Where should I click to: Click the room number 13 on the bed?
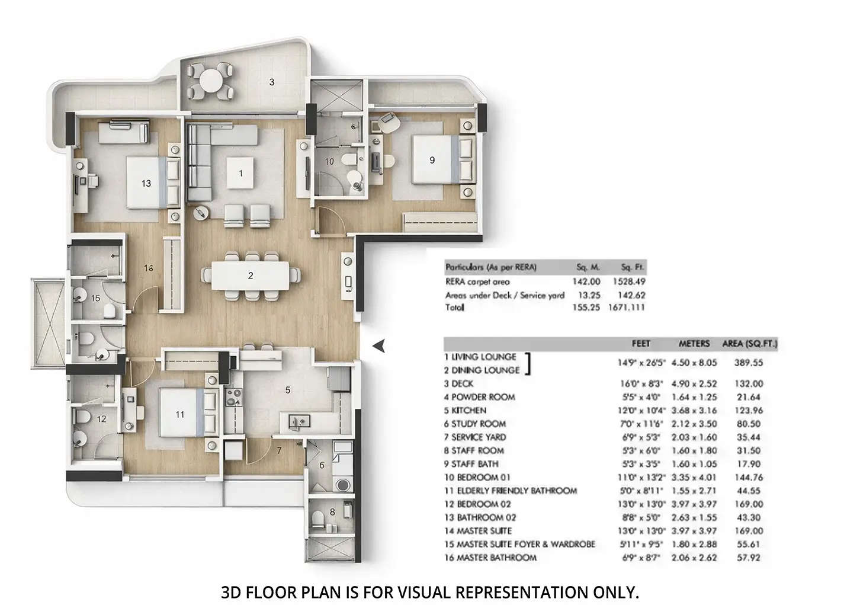146,184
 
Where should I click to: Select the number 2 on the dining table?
251,276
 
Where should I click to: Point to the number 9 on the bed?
432,160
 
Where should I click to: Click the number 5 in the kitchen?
288,390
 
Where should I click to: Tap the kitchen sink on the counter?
299,421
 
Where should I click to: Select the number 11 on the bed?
180,415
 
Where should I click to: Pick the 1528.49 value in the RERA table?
627,282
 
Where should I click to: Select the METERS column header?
694,344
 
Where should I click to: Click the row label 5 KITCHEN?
465,411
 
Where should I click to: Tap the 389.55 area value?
750,363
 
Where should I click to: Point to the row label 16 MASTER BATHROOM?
490,558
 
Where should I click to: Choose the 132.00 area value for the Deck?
750,384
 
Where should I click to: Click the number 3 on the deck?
271,82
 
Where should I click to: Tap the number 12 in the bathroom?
101,419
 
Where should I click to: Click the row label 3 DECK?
458,384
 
